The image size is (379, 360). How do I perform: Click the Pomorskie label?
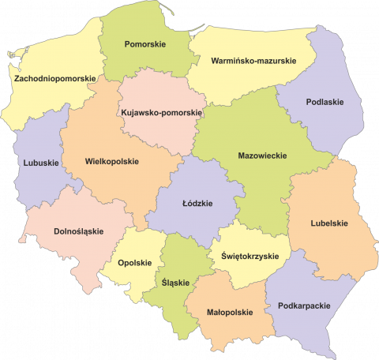(x=145, y=44)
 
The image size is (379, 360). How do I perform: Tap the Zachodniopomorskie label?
(x=54, y=78)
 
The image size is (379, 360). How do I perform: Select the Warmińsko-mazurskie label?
(x=253, y=60)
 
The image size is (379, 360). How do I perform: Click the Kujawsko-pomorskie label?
(x=161, y=113)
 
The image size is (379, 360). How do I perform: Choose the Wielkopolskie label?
(x=111, y=161)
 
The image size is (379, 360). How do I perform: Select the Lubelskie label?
(x=330, y=223)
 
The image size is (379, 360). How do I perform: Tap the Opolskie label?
(x=133, y=262)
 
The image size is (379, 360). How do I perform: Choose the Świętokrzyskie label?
(x=250, y=256)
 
